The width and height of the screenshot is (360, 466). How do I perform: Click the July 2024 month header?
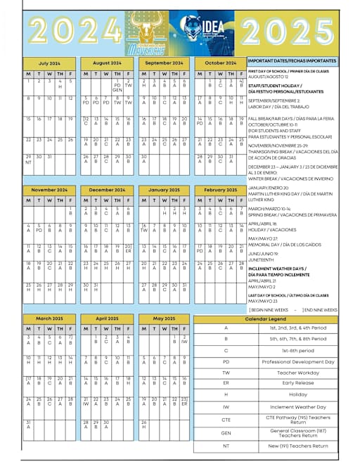49,63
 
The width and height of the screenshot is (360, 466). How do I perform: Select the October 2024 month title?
220,63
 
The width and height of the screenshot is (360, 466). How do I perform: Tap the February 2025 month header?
220,190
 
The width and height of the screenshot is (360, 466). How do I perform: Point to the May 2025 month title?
163,318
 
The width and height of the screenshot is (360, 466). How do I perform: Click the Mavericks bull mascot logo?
148,33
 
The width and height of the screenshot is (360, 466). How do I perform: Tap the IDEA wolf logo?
206,32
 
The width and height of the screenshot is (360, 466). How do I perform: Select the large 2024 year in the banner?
72,31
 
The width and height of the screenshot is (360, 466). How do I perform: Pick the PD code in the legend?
226,361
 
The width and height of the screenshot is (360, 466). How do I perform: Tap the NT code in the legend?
226,446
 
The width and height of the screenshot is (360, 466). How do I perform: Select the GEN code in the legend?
226,433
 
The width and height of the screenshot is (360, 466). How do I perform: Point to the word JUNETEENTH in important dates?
262,259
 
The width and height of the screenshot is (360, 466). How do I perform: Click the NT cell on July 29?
28,162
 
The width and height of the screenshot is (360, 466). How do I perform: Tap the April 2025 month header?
106,318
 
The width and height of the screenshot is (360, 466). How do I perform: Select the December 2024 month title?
106,190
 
